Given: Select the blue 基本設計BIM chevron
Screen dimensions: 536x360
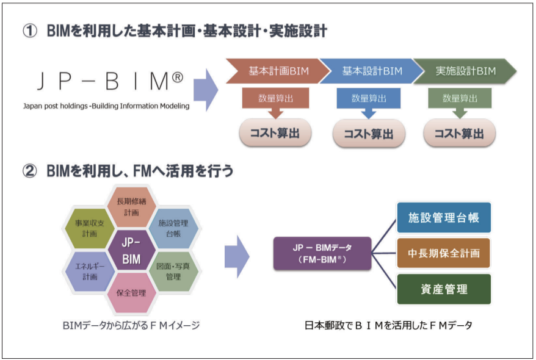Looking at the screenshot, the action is pyautogui.click(x=372, y=71).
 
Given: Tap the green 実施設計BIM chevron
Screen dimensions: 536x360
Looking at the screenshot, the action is pyautogui.click(x=465, y=71).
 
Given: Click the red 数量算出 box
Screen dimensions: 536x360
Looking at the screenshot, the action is pyautogui.click(x=275, y=98).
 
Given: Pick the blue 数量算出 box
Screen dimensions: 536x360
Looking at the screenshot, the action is pyautogui.click(x=369, y=98).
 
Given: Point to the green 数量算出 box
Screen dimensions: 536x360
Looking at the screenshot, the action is pyautogui.click(x=460, y=98).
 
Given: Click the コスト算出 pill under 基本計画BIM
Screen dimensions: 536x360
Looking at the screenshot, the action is pyautogui.click(x=275, y=133).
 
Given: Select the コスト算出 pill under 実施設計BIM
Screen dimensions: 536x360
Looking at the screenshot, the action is pyautogui.click(x=460, y=133).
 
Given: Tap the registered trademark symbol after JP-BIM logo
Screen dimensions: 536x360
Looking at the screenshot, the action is pyautogui.click(x=178, y=77).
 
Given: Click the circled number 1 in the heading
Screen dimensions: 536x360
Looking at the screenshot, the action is pyautogui.click(x=30, y=31).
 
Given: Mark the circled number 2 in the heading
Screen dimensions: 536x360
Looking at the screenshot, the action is pyautogui.click(x=30, y=170).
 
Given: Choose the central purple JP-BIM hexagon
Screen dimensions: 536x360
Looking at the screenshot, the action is pyautogui.click(x=131, y=250).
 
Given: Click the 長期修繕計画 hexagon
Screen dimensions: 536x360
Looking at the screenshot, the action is pyautogui.click(x=132, y=207).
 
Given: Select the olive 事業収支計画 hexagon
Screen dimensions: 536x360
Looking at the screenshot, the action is pyautogui.click(x=90, y=228).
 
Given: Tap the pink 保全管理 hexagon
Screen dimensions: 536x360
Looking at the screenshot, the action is pyautogui.click(x=132, y=293).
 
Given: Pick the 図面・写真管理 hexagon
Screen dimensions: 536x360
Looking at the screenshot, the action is pyautogui.click(x=173, y=272).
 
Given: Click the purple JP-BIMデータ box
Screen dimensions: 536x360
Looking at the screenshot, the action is pyautogui.click(x=322, y=253).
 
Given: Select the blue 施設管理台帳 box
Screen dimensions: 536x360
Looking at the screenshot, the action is pyautogui.click(x=444, y=218).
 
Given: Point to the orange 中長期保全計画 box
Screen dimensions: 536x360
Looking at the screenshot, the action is pyautogui.click(x=444, y=253).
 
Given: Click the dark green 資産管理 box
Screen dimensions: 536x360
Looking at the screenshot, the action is pyautogui.click(x=444, y=289).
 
